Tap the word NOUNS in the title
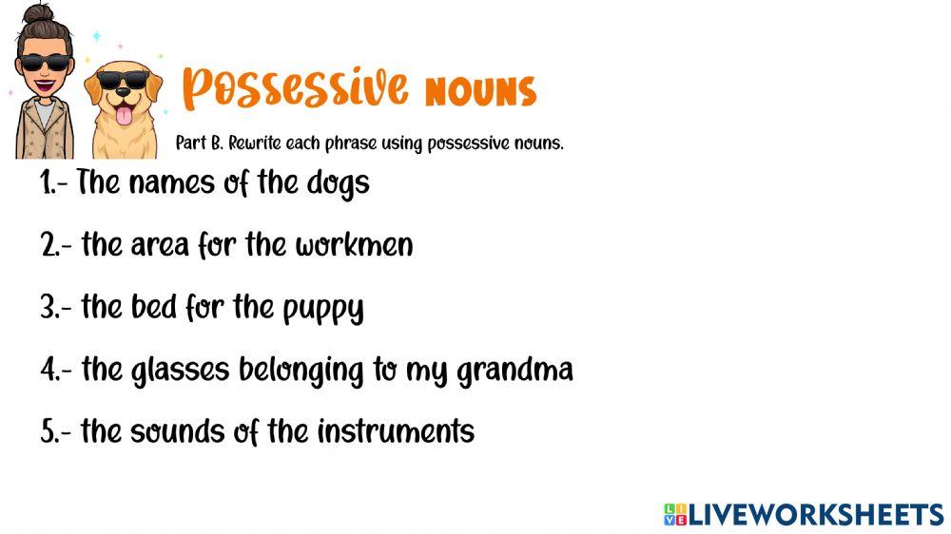(x=480, y=91)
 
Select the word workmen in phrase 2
(x=354, y=245)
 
